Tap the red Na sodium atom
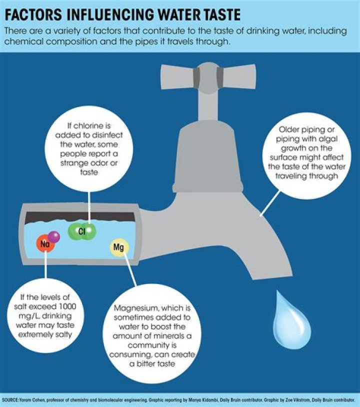[x=45, y=243]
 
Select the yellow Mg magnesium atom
[x=119, y=247]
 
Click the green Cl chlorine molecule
[x=82, y=231]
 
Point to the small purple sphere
[x=54, y=236]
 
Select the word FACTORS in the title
[x=33, y=14]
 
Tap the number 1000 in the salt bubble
[x=67, y=306]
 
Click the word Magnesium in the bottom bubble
[x=135, y=308]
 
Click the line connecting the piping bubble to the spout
[x=270, y=203]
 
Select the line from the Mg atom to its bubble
[x=130, y=269]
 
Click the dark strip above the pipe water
[x=80, y=217]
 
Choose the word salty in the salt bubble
[x=63, y=334]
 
